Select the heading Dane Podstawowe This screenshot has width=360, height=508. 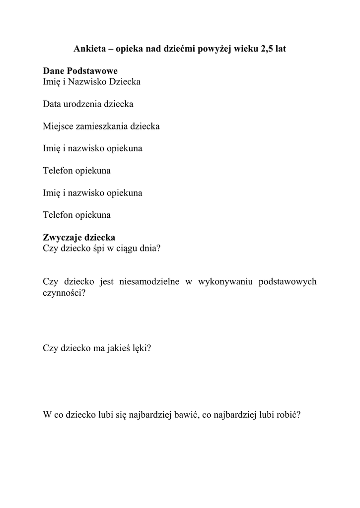(80, 71)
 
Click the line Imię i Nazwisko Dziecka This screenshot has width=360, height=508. (92, 82)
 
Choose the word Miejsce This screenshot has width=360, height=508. (58, 127)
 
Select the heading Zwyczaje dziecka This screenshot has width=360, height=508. (79, 238)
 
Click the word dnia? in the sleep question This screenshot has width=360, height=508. (149, 249)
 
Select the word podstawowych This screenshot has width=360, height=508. (288, 282)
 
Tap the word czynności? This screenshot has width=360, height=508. (64, 293)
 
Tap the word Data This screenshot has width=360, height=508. (52, 104)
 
